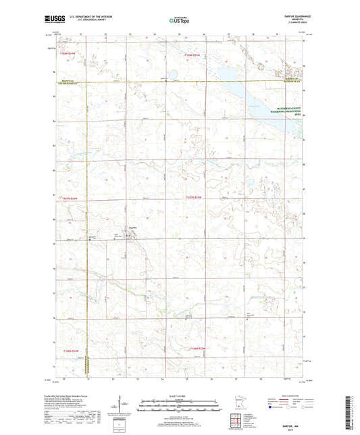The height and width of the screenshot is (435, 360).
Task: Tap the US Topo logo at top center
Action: point(179,20)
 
